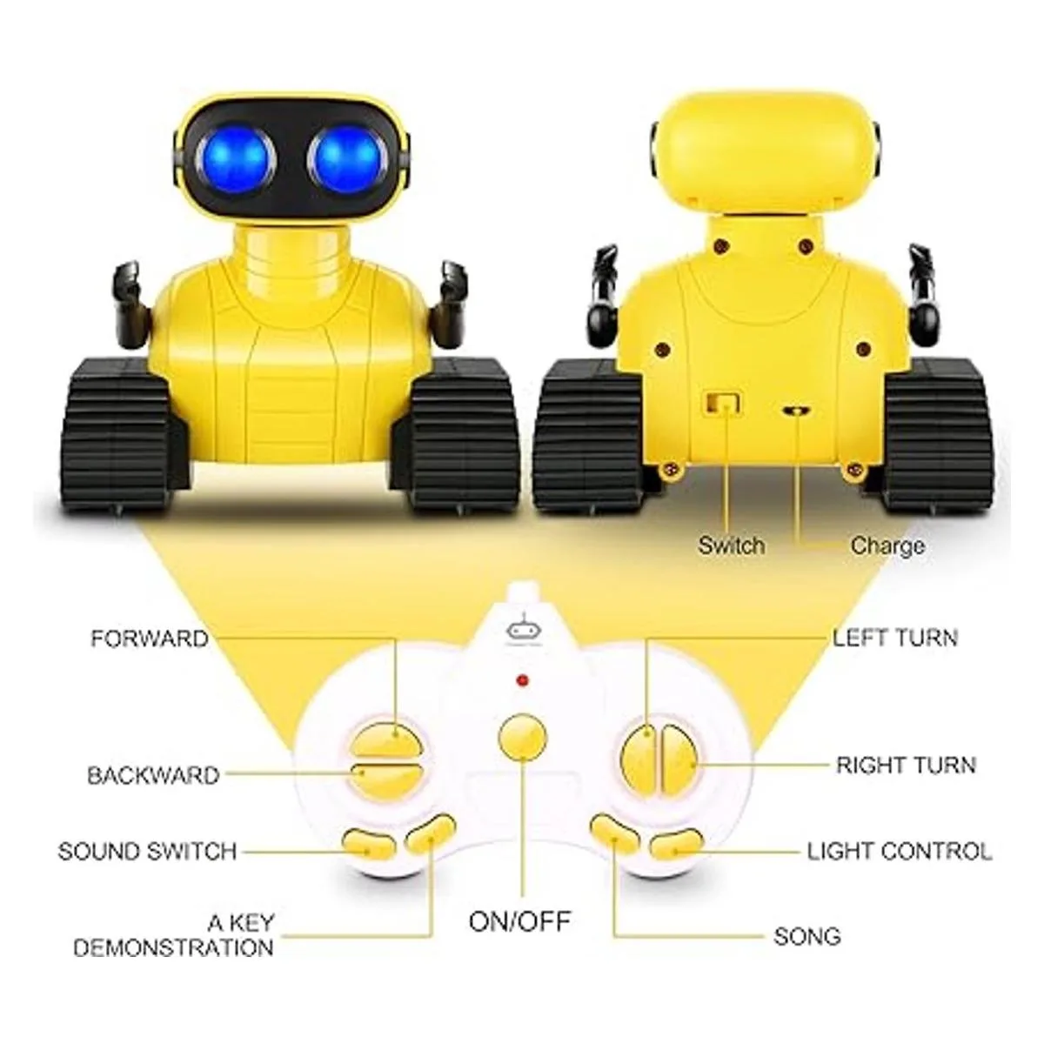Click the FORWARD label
[150, 639]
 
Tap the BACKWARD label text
[153, 776]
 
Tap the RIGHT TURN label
[907, 765]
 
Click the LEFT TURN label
[895, 638]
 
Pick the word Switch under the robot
[732, 545]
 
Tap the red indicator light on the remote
[522, 680]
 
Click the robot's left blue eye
[237, 159]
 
